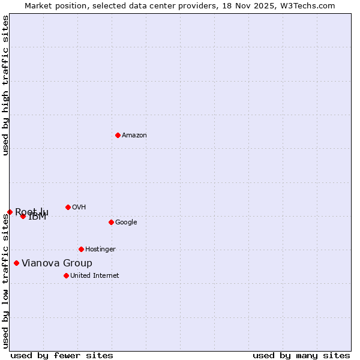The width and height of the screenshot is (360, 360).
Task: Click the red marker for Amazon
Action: [x=118, y=135]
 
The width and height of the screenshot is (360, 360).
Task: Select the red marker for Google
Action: [x=111, y=222]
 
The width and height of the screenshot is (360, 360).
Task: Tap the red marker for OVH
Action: [x=68, y=207]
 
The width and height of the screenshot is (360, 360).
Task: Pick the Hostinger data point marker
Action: [x=81, y=249]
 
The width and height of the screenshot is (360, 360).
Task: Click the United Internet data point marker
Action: [x=66, y=275]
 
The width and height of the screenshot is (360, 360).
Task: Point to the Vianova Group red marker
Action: [x=16, y=263]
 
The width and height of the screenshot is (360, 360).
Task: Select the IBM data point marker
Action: [x=23, y=216]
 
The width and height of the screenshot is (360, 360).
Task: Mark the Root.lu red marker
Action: [x=10, y=212]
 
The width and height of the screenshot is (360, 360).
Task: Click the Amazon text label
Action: [x=134, y=136]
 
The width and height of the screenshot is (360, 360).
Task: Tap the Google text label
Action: [x=126, y=223]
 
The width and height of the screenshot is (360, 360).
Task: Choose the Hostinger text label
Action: [x=100, y=250]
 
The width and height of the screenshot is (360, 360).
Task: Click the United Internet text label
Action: [x=95, y=276]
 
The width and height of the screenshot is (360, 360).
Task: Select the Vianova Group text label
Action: [x=57, y=263]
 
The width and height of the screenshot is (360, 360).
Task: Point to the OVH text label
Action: [x=79, y=208]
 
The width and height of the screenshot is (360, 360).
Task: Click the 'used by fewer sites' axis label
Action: [x=62, y=355]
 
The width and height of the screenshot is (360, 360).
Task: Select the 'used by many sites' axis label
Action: [x=301, y=355]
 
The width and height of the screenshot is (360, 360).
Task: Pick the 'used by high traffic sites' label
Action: [x=6, y=86]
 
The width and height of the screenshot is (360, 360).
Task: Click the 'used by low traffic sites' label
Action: [x=6, y=280]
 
